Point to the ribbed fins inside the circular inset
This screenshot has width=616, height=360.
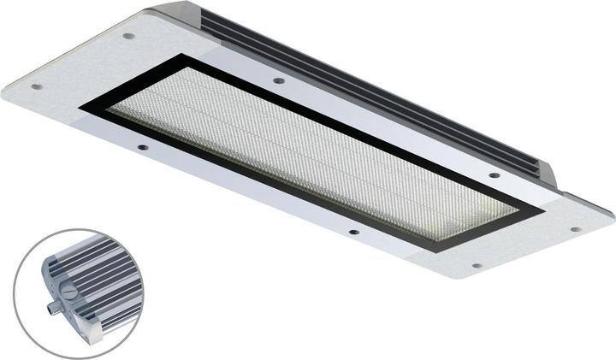point(98,274)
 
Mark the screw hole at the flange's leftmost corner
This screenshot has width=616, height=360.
point(36,86)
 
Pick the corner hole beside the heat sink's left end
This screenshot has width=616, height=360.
point(128,37)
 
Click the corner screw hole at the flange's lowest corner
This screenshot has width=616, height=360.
point(477,265)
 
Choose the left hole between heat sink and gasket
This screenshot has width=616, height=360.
point(279,80)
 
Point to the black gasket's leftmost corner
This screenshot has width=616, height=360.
point(82,108)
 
